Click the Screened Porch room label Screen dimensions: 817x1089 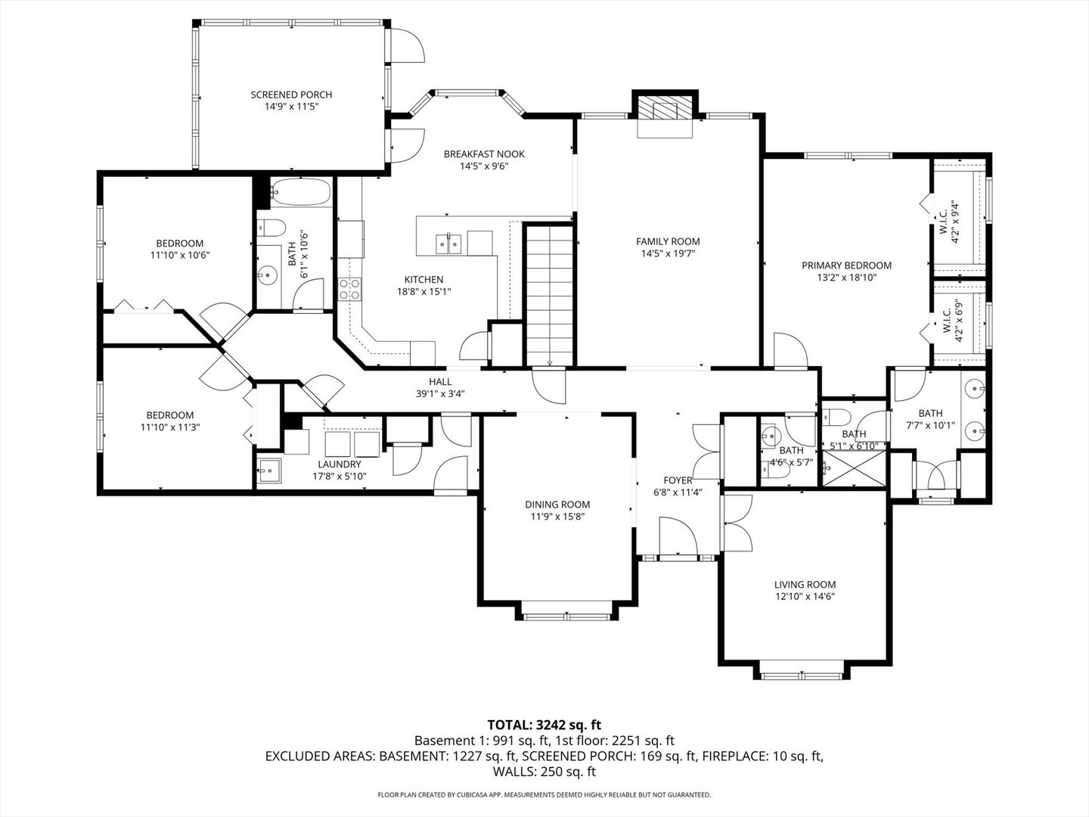point(291,95)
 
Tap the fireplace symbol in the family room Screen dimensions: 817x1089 point(665,107)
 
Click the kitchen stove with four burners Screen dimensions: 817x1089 point(349,289)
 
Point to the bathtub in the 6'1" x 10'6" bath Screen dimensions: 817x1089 point(301,192)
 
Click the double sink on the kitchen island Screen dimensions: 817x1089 point(448,242)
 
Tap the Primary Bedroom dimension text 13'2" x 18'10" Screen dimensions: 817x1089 point(846,278)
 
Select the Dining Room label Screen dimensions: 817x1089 point(557,505)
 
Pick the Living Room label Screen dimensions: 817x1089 point(805,584)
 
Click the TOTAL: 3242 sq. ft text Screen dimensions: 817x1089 point(544,725)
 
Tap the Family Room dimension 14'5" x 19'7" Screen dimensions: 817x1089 point(668,254)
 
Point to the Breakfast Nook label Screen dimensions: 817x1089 point(483,154)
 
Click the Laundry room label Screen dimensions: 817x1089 point(339,464)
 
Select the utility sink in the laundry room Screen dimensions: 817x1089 point(268,471)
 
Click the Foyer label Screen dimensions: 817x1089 point(678,480)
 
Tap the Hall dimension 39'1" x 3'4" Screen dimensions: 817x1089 point(440,393)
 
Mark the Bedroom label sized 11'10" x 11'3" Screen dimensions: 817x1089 point(169,415)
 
